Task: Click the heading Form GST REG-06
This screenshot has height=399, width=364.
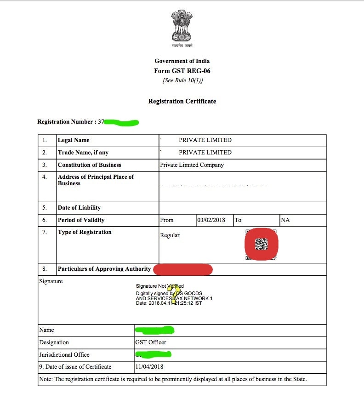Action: pyautogui.click(x=182, y=71)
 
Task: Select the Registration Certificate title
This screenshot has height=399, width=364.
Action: pyautogui.click(x=182, y=101)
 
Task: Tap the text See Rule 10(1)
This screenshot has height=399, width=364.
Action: pyautogui.click(x=182, y=80)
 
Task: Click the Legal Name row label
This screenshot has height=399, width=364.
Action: pyautogui.click(x=74, y=140)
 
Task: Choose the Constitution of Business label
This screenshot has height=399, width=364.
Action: pyautogui.click(x=89, y=165)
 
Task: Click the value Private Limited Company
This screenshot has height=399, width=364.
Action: pyautogui.click(x=192, y=165)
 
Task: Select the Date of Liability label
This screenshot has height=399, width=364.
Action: pyautogui.click(x=79, y=208)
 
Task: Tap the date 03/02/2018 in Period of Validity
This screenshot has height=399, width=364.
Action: pyautogui.click(x=211, y=220)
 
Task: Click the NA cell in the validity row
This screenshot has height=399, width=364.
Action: pyautogui.click(x=285, y=220)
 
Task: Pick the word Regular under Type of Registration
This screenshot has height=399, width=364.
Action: pyautogui.click(x=170, y=235)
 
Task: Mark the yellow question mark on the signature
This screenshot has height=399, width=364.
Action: pyautogui.click(x=175, y=295)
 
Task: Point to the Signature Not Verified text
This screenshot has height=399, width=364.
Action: pyautogui.click(x=159, y=286)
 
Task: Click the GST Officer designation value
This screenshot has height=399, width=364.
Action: pyautogui.click(x=151, y=342)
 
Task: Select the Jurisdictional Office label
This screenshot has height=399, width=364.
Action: pyautogui.click(x=64, y=355)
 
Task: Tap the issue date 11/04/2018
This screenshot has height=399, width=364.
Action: pyautogui.click(x=149, y=367)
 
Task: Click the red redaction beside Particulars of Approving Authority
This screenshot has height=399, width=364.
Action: pyautogui.click(x=183, y=269)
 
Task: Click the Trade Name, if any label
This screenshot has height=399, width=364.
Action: pyautogui.click(x=83, y=153)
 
